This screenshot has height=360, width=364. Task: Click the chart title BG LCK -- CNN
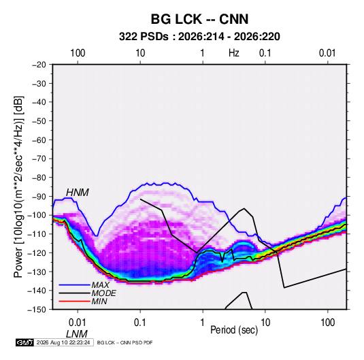click(x=199, y=19)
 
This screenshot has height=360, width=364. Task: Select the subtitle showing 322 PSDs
click(x=199, y=37)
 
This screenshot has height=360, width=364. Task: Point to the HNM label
click(x=78, y=193)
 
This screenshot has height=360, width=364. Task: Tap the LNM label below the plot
click(x=77, y=334)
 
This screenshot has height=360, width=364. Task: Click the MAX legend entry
click(x=100, y=285)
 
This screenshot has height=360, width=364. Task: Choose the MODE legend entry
click(x=104, y=293)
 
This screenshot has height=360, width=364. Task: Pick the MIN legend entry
click(x=99, y=301)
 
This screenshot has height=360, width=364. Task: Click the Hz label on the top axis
click(x=234, y=53)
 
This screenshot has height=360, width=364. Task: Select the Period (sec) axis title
click(x=234, y=330)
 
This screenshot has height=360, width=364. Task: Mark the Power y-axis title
click(x=18, y=187)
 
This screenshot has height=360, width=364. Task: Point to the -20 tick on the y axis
click(x=39, y=65)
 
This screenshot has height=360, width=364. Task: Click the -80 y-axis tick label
click(x=39, y=178)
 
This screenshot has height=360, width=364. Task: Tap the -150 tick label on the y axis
click(x=37, y=310)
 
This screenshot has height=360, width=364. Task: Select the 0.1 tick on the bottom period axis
click(x=140, y=323)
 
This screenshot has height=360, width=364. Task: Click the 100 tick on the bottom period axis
click(x=327, y=323)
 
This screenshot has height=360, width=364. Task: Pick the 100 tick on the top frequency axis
click(x=78, y=53)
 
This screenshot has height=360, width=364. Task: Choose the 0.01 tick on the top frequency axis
click(x=327, y=53)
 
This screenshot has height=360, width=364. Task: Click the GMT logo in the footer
click(x=25, y=342)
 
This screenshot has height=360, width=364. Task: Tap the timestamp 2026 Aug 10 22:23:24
click(x=63, y=342)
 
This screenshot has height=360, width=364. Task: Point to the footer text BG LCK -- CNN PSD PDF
click(x=125, y=342)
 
